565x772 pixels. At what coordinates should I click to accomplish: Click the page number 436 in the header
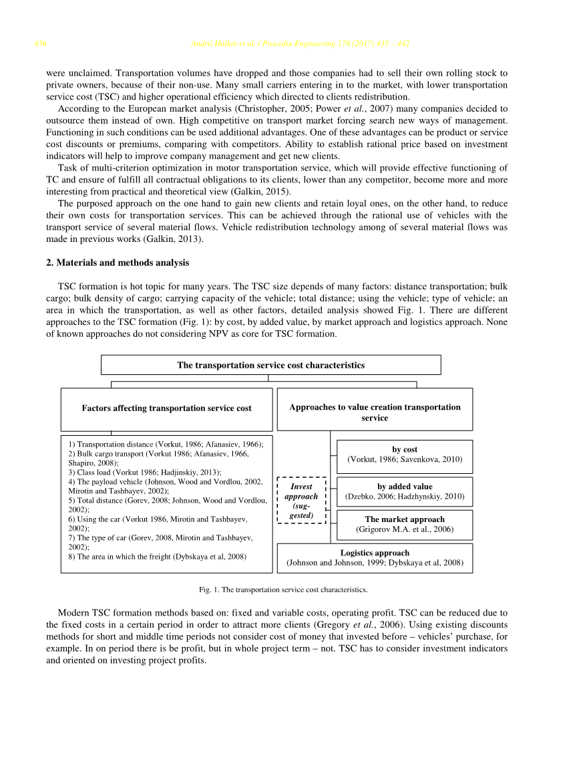click(40, 44)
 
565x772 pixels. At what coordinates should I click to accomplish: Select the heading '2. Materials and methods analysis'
click(118, 263)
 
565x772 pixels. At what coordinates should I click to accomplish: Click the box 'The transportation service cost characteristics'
click(270, 365)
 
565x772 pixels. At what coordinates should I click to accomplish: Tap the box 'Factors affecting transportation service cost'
click(166, 408)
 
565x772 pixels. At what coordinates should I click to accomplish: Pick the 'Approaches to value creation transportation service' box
click(375, 412)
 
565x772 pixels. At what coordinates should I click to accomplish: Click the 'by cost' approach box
click(405, 455)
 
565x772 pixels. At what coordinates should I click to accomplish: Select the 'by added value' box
click(405, 492)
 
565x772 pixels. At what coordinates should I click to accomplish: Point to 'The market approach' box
click(405, 524)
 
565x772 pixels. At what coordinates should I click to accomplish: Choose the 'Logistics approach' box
click(375, 558)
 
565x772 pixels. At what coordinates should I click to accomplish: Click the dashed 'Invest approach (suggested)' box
click(301, 501)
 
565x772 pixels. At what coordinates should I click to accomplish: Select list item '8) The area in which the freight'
click(157, 556)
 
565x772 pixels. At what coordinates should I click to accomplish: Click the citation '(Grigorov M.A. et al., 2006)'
click(405, 529)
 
